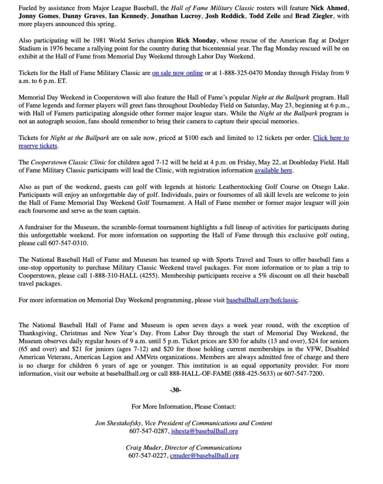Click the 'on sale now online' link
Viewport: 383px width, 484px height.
coord(177,73)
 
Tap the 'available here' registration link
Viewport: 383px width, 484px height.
coord(273,170)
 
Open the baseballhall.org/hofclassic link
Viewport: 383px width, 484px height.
coord(262,300)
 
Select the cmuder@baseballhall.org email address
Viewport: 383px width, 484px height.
coord(204,456)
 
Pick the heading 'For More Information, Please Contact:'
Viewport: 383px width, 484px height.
coord(183,406)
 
